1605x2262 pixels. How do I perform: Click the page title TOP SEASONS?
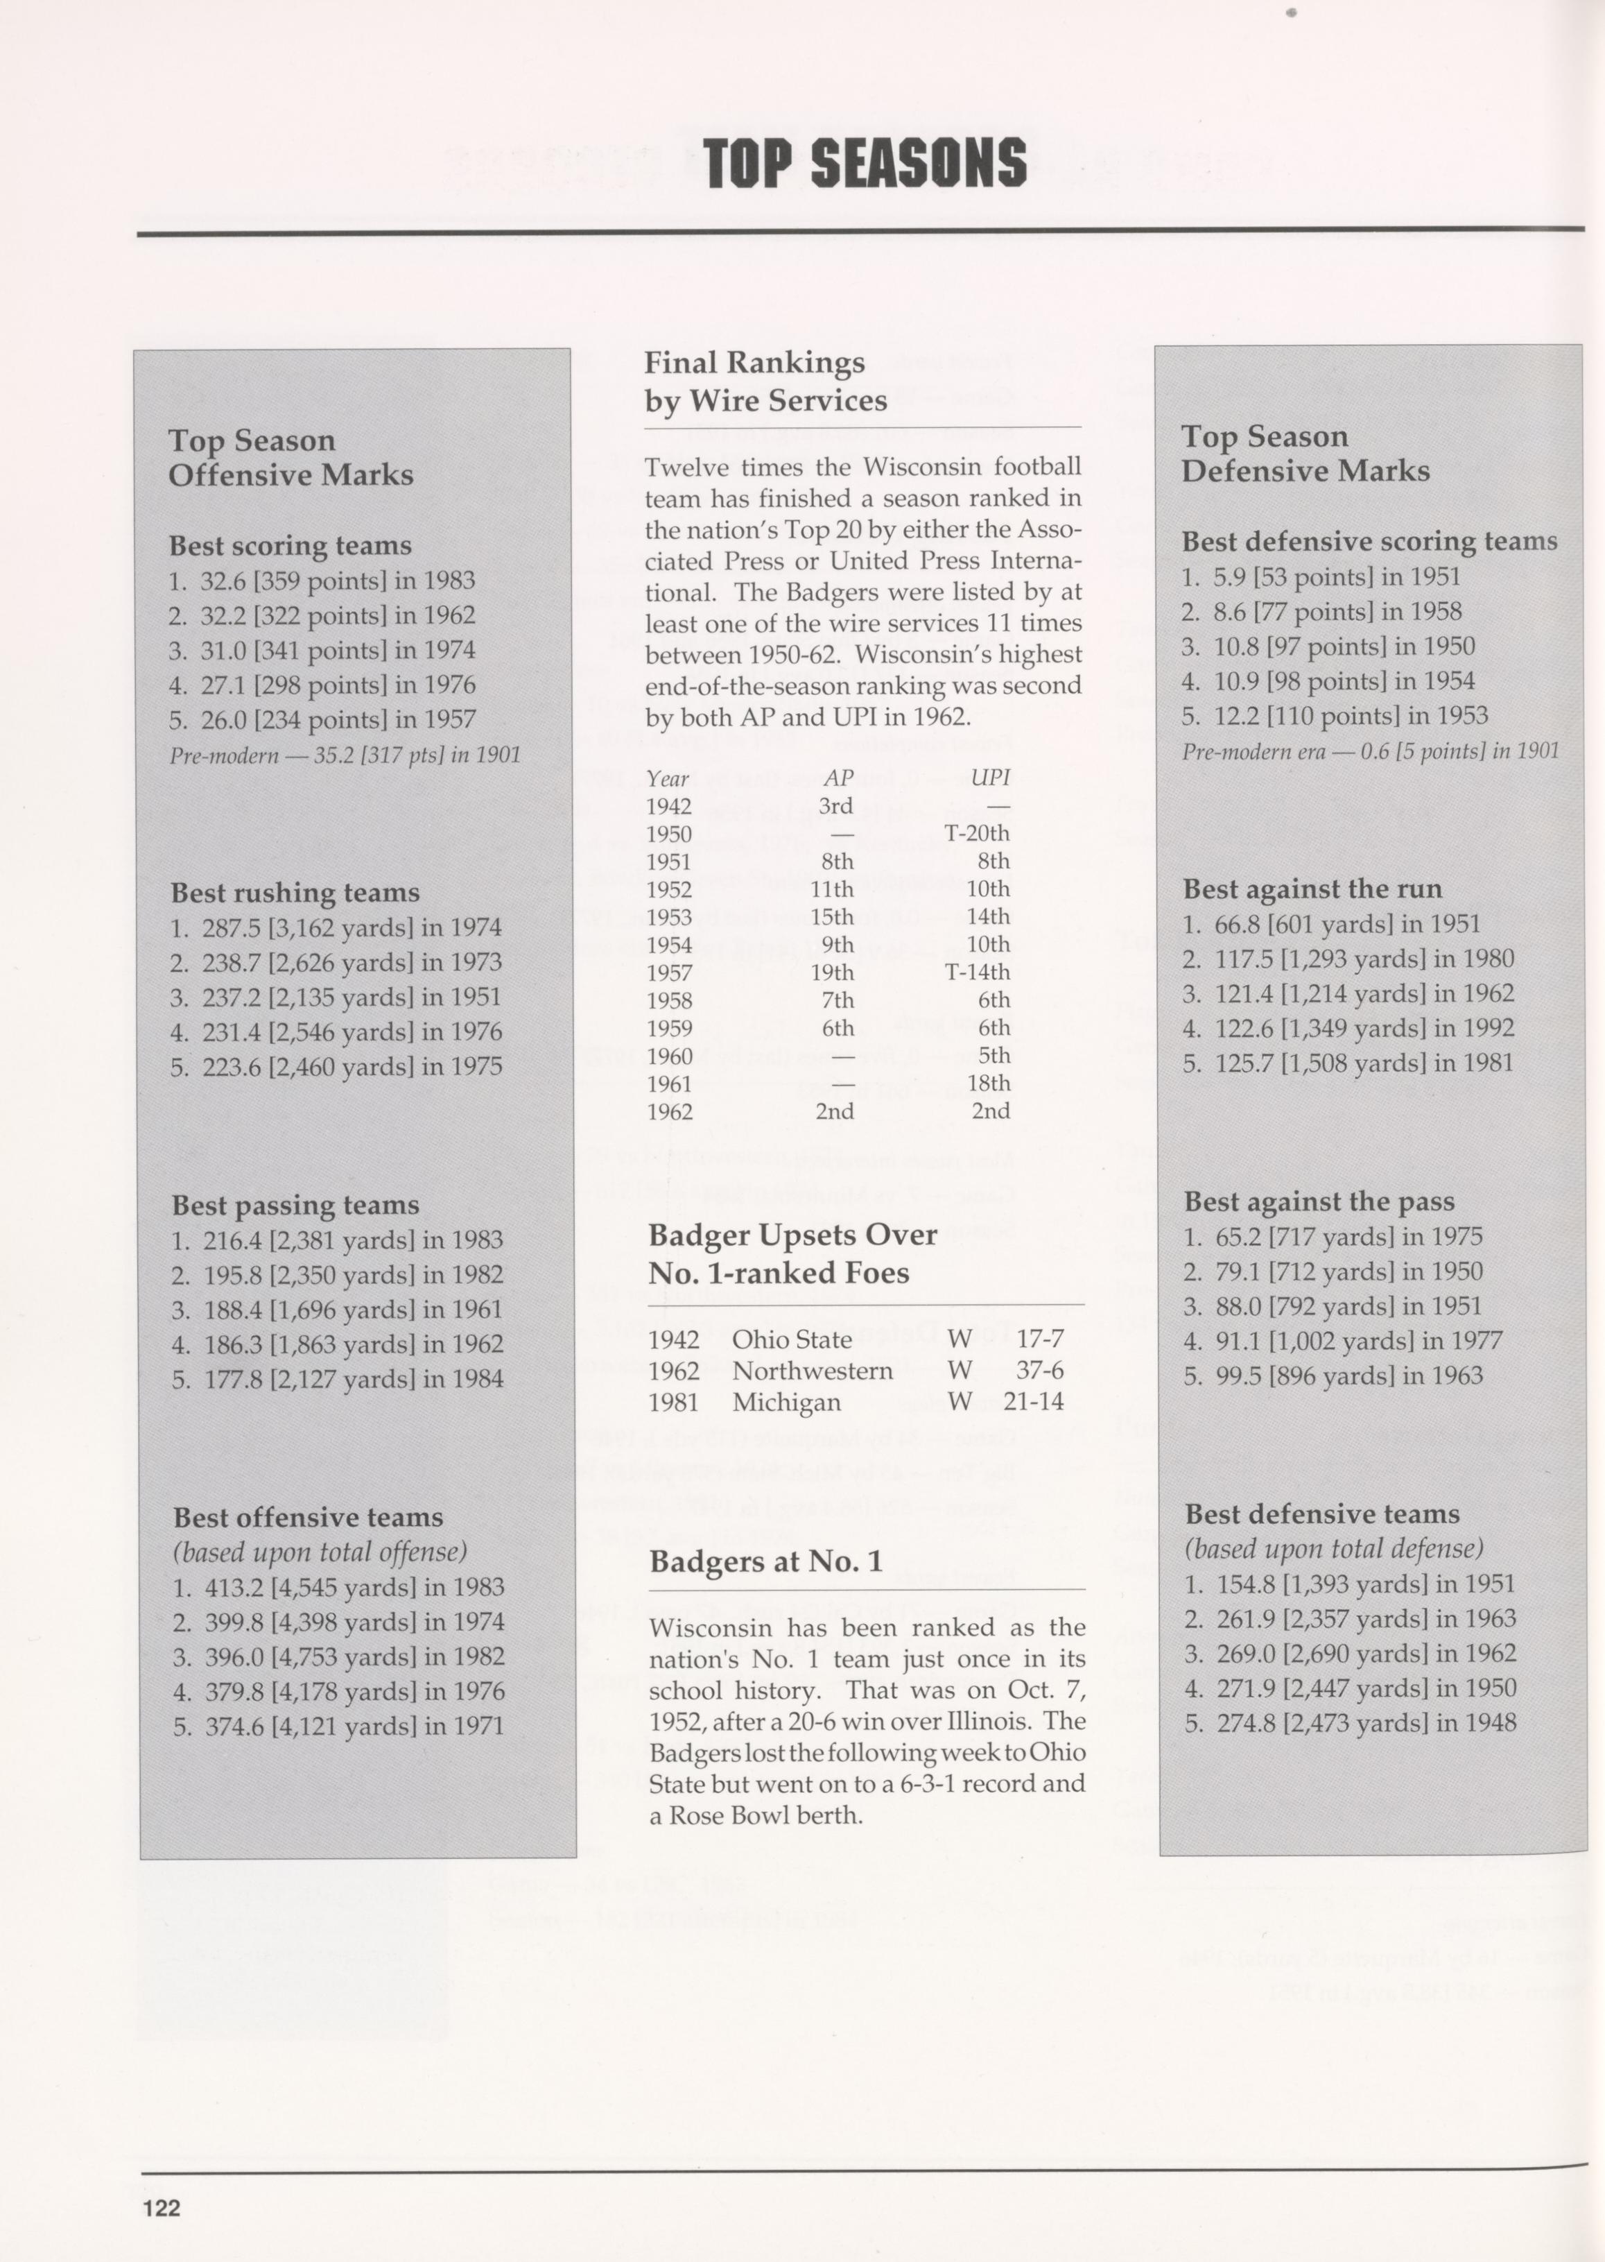point(865,162)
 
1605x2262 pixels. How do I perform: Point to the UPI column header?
point(989,778)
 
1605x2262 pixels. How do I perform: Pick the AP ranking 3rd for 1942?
point(835,806)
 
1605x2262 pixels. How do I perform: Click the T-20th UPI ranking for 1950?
point(976,833)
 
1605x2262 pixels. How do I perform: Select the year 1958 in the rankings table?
point(669,1000)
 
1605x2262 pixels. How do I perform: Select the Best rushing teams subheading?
point(295,893)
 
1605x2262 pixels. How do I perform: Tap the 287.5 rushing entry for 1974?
point(336,928)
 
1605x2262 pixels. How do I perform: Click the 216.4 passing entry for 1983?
point(337,1240)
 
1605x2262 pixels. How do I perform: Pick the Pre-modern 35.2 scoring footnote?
point(345,756)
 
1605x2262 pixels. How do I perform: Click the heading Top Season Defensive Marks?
point(1305,454)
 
